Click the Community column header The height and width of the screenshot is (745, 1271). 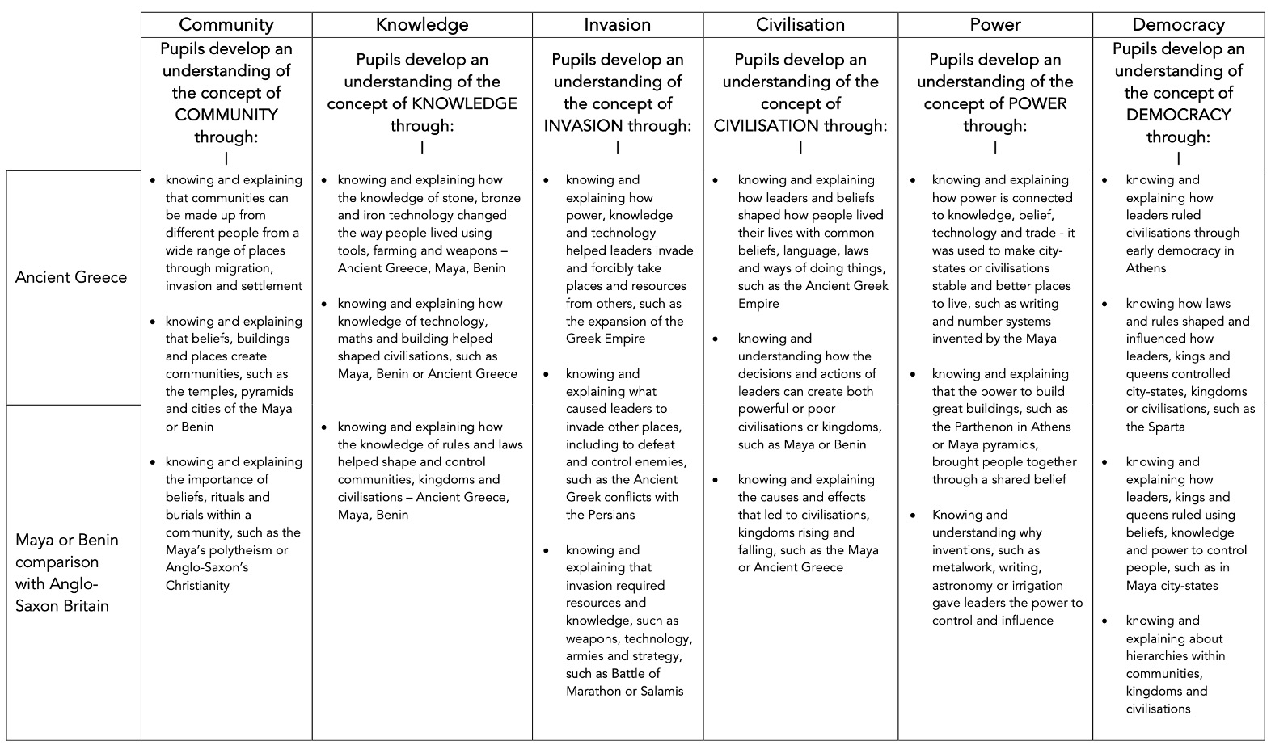(226, 25)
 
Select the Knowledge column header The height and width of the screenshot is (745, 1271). (422, 25)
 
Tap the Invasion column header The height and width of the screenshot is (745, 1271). (618, 25)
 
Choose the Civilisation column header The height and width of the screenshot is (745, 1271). (800, 25)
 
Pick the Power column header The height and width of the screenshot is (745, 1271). (995, 25)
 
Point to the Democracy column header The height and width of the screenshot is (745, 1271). (1178, 25)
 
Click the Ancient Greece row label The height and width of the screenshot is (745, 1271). (71, 277)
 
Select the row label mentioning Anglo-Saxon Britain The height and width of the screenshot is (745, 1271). (67, 573)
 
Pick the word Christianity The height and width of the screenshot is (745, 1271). (197, 585)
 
